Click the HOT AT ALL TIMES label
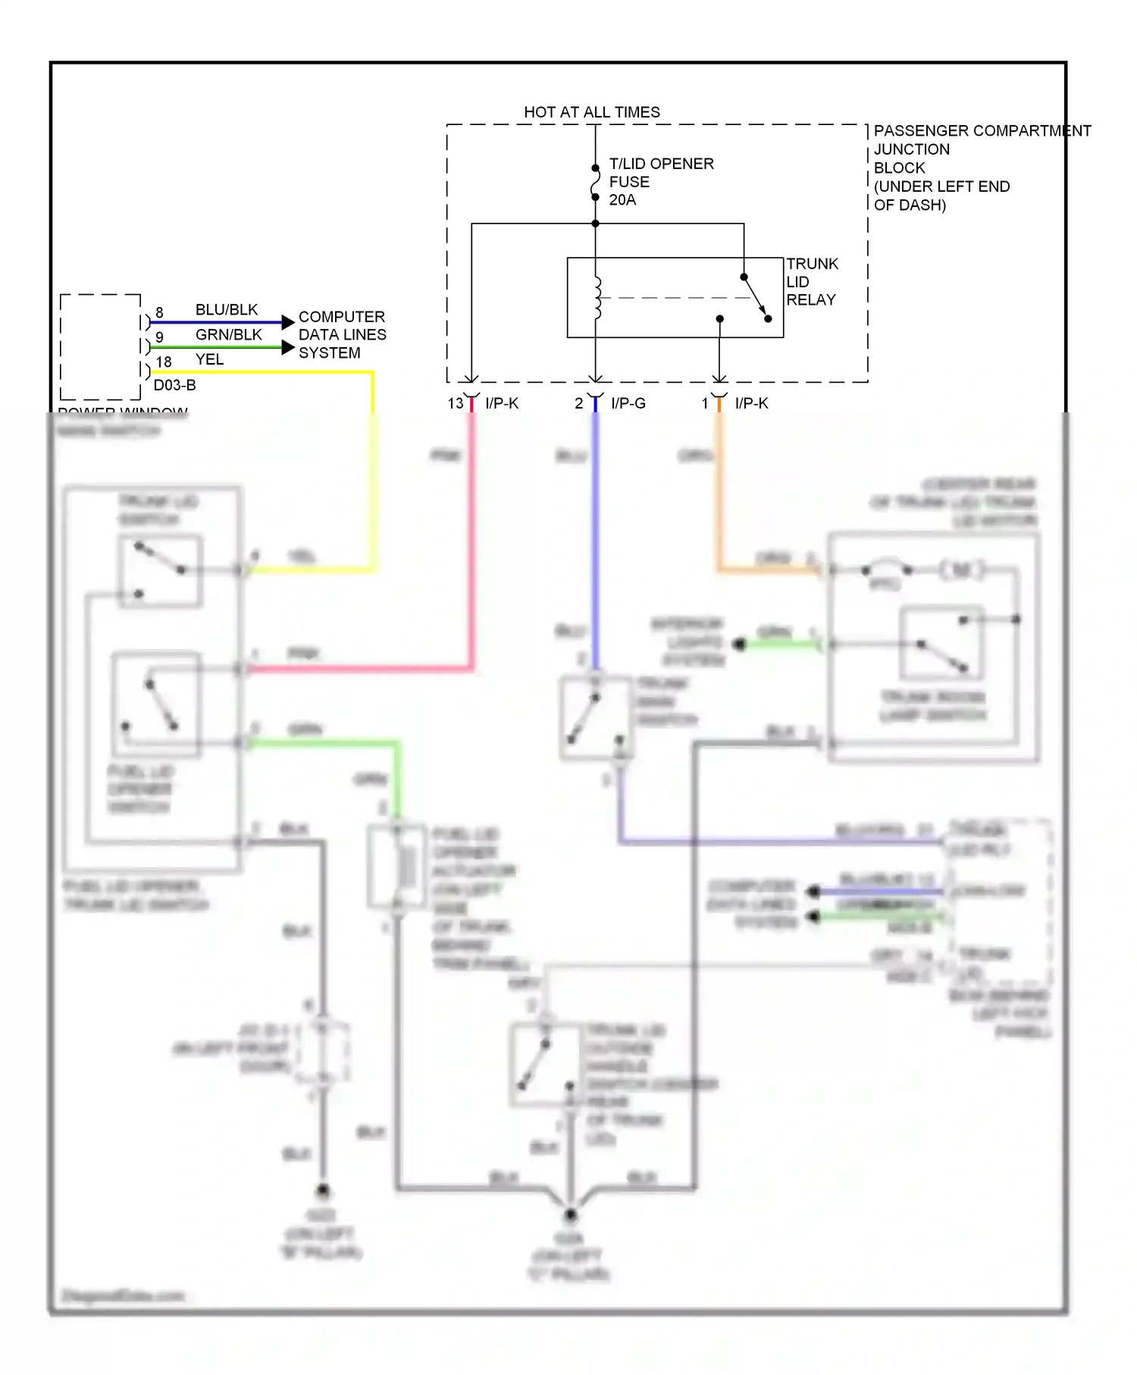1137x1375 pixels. [x=591, y=112]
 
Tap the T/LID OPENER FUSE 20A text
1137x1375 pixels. [x=660, y=182]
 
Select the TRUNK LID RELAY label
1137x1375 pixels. [x=811, y=282]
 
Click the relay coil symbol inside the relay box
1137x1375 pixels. [x=597, y=297]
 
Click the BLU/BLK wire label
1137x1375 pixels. [x=227, y=310]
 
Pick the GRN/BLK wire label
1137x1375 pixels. [x=228, y=335]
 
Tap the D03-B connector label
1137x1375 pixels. [x=174, y=385]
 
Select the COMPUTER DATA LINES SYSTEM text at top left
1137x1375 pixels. [x=342, y=334]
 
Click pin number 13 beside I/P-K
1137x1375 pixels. [x=455, y=403]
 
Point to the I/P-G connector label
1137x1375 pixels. [x=628, y=403]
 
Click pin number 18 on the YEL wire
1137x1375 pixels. [x=164, y=362]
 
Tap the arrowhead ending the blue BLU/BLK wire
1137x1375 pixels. [x=287, y=322]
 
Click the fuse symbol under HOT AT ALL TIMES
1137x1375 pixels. [x=595, y=183]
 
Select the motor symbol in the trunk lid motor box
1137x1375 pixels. [x=961, y=569]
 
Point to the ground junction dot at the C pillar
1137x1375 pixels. [x=570, y=1215]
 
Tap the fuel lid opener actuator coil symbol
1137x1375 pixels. [x=407, y=866]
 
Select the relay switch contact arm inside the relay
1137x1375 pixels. [x=756, y=297]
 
